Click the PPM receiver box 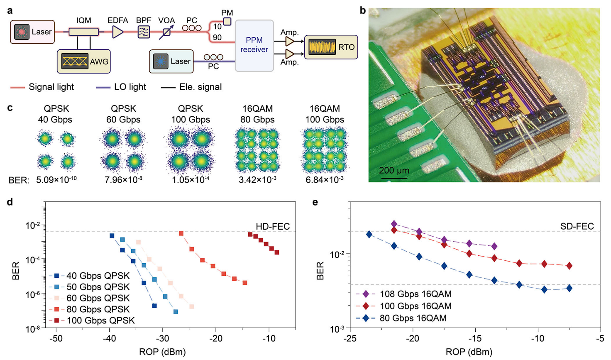[x=254, y=45]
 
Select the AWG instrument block [x=84, y=61]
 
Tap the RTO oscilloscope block [x=331, y=47]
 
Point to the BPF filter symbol [x=144, y=32]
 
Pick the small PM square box [x=227, y=21]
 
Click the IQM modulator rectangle [x=83, y=32]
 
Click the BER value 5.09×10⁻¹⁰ [x=56, y=180]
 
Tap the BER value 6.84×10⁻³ [x=325, y=180]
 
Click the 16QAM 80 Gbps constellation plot [x=257, y=150]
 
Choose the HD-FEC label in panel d [x=272, y=226]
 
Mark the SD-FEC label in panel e [x=577, y=226]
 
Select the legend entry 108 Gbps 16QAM [x=415, y=294]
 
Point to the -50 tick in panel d [x=56, y=338]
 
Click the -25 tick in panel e [x=350, y=338]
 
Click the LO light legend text [x=130, y=87]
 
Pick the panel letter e [x=315, y=202]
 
